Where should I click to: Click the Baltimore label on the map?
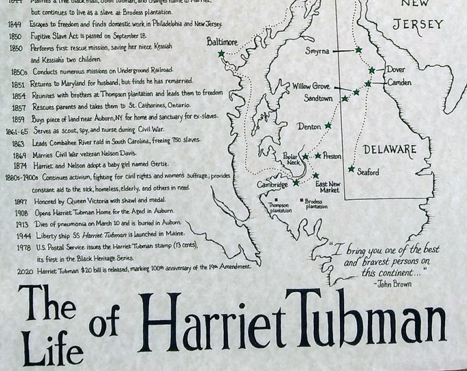(222, 41)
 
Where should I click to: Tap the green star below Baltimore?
(221, 54)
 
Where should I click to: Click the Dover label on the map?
(396, 69)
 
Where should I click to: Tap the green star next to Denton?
(328, 126)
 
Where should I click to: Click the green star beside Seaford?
(352, 169)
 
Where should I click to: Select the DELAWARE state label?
(390, 149)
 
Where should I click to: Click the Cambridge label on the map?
(272, 183)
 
